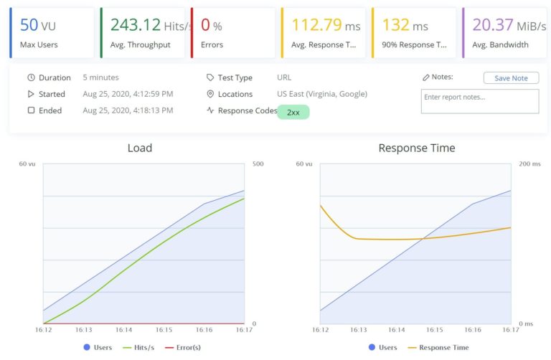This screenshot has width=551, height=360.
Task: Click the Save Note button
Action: coord(511,78)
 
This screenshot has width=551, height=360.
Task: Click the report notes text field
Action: coord(479,101)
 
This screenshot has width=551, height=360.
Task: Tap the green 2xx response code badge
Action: coord(293,113)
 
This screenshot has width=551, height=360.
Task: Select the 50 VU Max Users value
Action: coord(38,25)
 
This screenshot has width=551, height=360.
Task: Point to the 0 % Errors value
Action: coord(211,25)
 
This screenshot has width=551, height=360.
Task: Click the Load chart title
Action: coord(139,148)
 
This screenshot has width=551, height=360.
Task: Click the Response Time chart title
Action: coord(416,148)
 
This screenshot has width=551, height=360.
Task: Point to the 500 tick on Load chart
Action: coord(258,164)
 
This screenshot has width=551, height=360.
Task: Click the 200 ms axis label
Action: coord(530,164)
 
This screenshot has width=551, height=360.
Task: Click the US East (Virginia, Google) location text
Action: coord(321,94)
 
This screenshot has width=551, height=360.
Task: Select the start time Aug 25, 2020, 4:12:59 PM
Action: coord(128,94)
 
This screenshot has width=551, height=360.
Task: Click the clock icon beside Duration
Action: coord(31,77)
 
